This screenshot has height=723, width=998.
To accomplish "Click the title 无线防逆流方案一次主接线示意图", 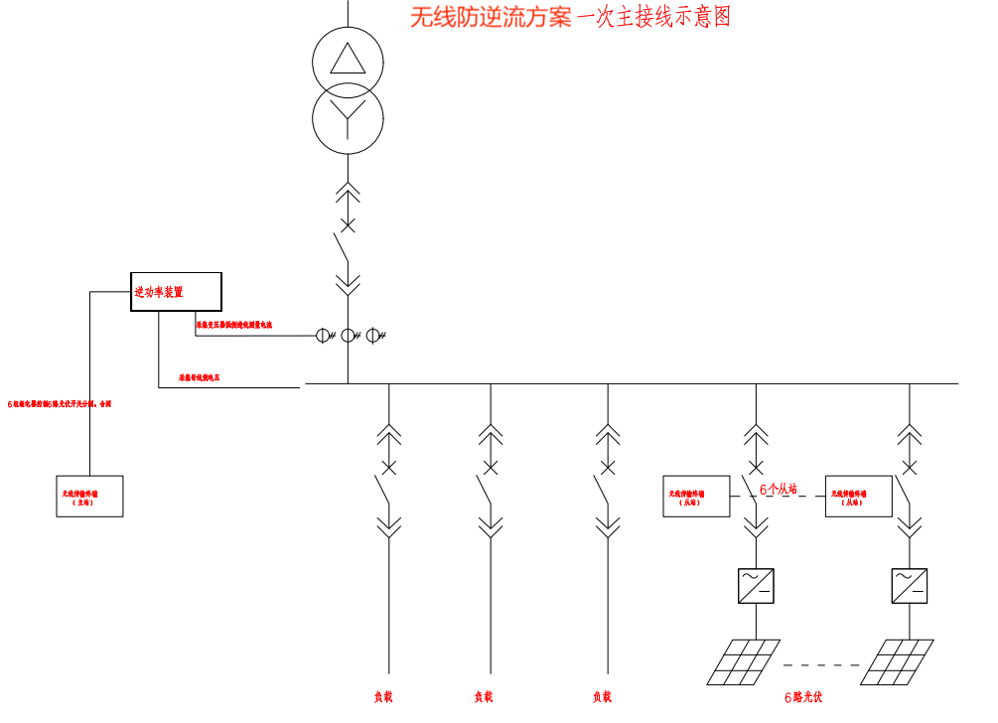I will [570, 17].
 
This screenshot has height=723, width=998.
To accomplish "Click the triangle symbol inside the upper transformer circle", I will [348, 61].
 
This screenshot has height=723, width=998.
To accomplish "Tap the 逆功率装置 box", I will [176, 292].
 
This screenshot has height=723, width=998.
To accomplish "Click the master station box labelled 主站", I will [90, 496].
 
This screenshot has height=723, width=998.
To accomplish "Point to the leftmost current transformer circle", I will [325, 336].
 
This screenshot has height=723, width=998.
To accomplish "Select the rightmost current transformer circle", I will [373, 336].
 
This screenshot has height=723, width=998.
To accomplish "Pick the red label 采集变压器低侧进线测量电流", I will [233, 325].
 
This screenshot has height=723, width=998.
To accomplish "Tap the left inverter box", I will [756, 586].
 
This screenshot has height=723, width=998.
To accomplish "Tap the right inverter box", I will [910, 586].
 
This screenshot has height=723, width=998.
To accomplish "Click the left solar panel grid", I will [743, 661].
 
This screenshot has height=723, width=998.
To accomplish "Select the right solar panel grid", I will [897, 661].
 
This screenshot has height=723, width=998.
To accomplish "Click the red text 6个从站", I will [779, 489].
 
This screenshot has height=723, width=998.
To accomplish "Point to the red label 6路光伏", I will [803, 697].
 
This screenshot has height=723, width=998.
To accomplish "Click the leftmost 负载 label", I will [383, 697].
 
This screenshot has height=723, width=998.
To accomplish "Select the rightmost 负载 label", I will [602, 697].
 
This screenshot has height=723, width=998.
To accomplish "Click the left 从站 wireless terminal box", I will [696, 496].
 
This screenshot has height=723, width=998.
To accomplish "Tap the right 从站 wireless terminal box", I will [859, 496].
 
